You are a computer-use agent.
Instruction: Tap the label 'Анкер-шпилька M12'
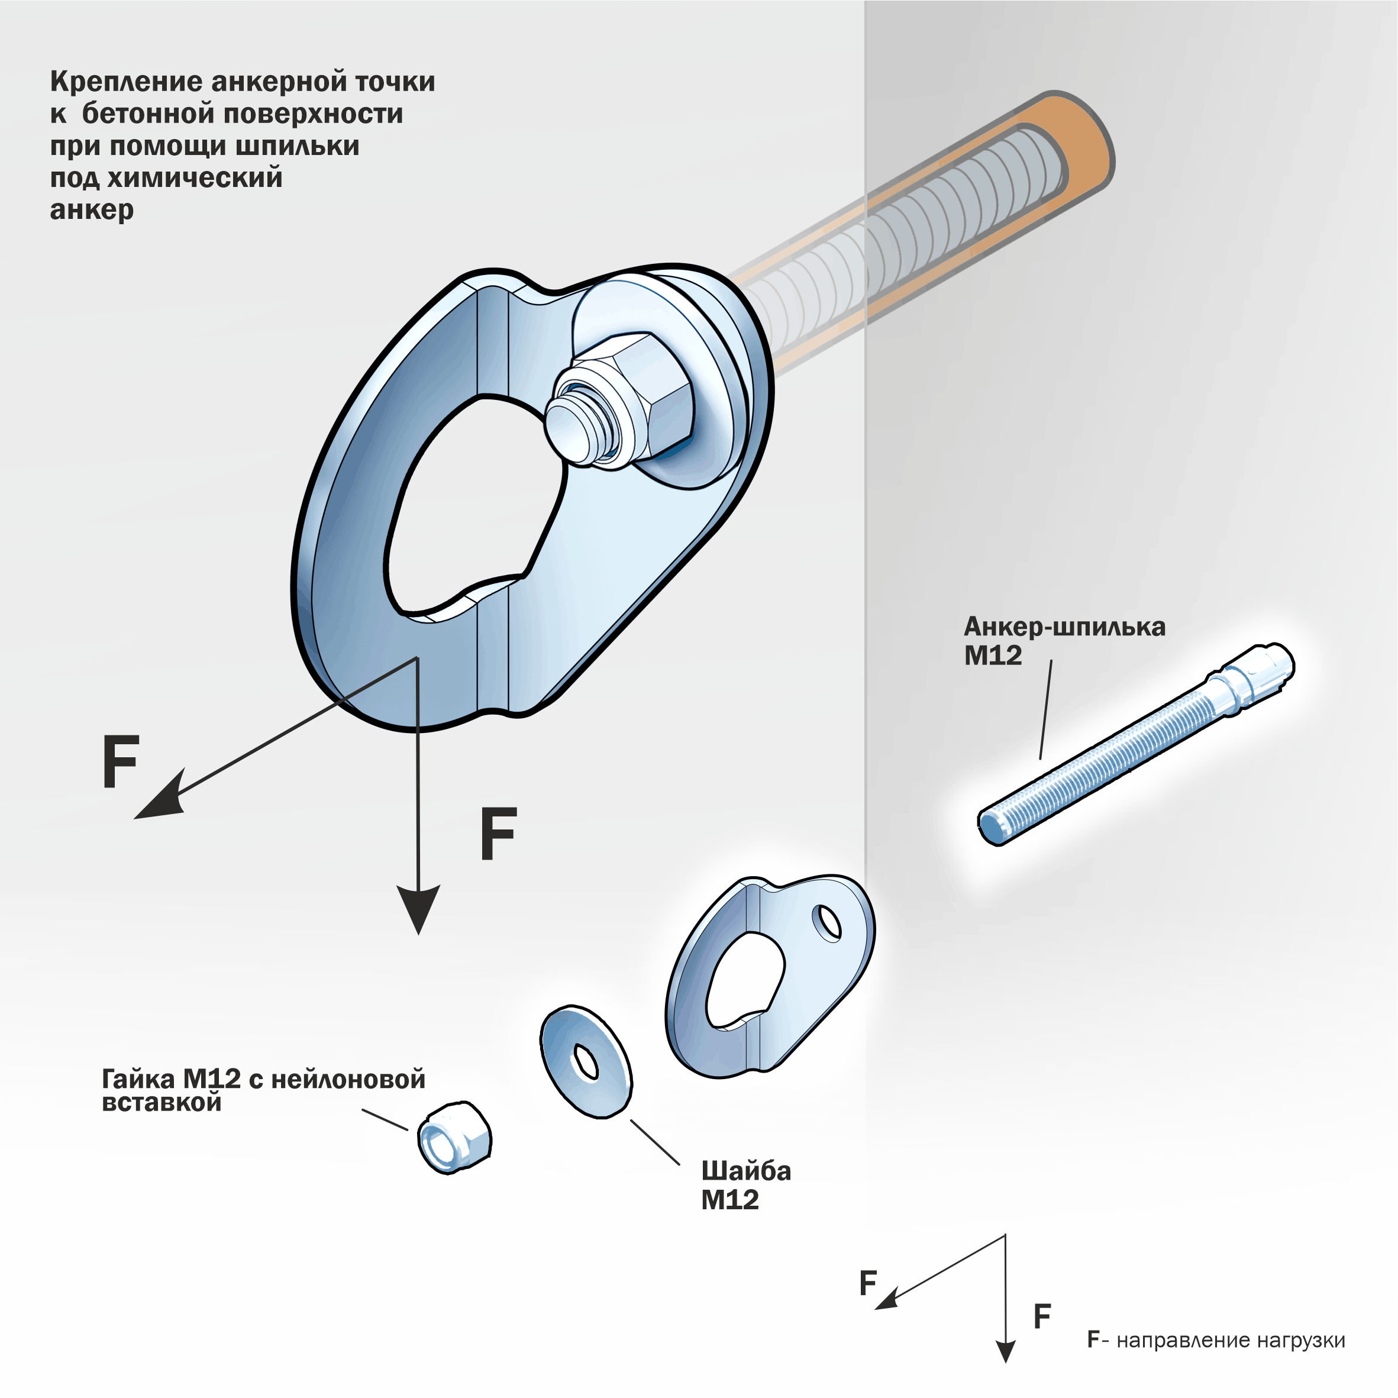(1064, 640)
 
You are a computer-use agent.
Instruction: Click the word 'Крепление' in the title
(126, 82)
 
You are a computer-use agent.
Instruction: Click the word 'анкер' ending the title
(92, 210)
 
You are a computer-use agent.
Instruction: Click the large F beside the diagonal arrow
(121, 761)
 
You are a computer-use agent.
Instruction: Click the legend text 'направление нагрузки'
(1230, 1340)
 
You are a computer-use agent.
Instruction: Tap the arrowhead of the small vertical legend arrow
(1006, 1350)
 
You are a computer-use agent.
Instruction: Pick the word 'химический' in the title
(195, 178)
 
